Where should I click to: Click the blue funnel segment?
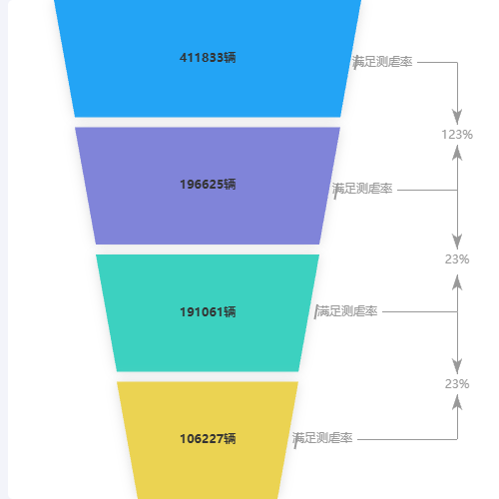tap(208, 58)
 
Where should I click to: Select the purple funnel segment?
tap(208, 186)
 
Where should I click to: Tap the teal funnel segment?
tap(208, 312)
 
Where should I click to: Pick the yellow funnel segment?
tap(208, 440)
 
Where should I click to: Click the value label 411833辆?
tap(208, 58)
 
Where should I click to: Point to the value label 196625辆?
tap(208, 185)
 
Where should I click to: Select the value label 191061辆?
tap(208, 312)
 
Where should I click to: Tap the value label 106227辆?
tap(208, 439)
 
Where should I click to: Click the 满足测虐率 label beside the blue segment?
tap(382, 62)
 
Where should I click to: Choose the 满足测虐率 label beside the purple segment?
tap(362, 189)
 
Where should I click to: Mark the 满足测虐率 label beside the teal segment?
tap(346, 311)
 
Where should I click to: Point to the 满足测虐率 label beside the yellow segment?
tap(322, 438)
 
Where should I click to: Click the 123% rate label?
tap(457, 135)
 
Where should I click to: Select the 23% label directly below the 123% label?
tap(457, 259)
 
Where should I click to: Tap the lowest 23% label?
tap(457, 384)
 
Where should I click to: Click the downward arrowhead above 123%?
tap(457, 117)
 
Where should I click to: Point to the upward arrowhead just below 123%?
tap(457, 153)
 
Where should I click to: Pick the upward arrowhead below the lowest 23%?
tap(457, 402)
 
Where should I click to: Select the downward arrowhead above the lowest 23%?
tap(457, 366)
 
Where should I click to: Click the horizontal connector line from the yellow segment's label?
tap(407, 439)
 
